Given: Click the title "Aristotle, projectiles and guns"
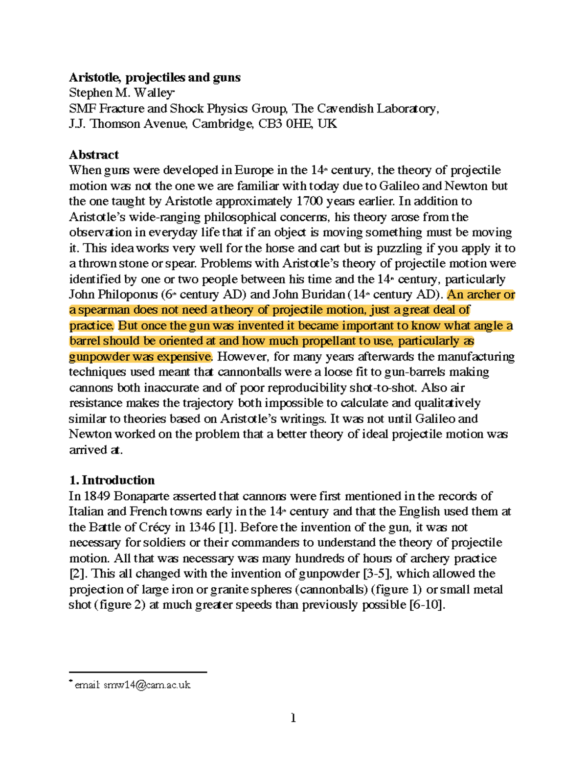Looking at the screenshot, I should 155,77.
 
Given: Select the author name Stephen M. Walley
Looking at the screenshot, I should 121,92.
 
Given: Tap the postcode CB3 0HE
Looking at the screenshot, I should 285,123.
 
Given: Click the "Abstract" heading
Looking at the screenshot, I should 93,155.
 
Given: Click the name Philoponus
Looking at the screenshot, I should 124,295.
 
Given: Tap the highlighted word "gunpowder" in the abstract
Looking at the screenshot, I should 98,356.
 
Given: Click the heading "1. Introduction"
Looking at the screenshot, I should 112,480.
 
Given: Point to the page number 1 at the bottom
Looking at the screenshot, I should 293,718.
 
